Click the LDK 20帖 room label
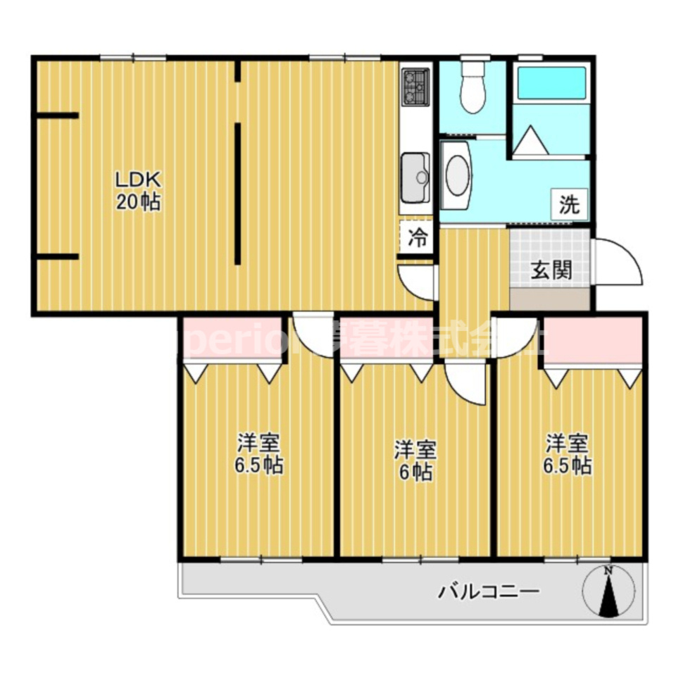(x=138, y=191)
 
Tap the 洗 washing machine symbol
(x=569, y=204)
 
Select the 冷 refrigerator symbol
(x=418, y=238)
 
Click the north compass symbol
(x=610, y=592)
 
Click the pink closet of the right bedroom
(x=593, y=340)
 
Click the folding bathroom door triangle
(x=530, y=139)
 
